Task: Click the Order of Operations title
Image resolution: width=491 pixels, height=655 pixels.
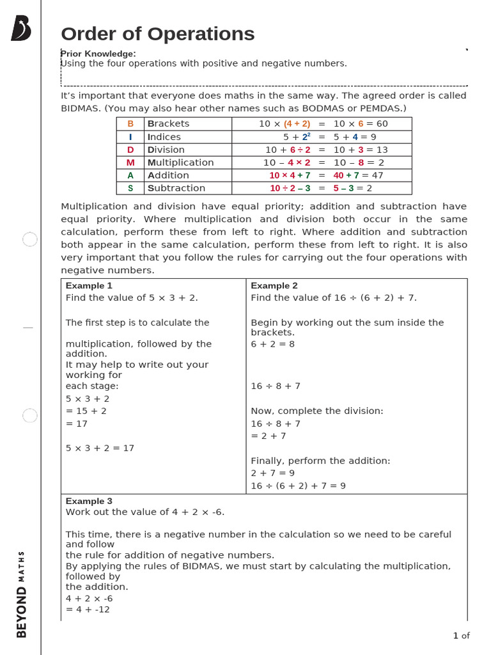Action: click(x=157, y=34)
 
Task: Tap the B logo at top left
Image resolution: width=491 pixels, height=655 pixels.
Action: click(x=20, y=29)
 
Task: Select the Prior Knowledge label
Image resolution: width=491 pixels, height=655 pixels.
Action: click(x=98, y=54)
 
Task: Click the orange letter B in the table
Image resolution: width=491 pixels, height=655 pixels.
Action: click(x=130, y=124)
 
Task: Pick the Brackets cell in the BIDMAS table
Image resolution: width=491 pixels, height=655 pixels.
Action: click(x=168, y=123)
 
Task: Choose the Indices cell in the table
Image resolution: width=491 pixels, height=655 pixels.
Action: click(x=164, y=137)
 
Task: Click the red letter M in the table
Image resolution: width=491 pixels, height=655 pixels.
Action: click(x=130, y=162)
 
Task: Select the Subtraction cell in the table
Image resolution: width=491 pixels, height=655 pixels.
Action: click(x=176, y=188)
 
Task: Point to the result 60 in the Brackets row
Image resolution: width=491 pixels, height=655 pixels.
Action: click(x=382, y=123)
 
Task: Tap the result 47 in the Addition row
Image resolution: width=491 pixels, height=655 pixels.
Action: click(x=377, y=175)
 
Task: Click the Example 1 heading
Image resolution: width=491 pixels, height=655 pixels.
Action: click(x=89, y=286)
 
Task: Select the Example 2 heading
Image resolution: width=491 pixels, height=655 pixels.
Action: click(x=274, y=286)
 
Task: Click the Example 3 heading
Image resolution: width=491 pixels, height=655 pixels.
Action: click(x=89, y=501)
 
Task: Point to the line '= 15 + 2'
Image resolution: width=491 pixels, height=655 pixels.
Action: click(x=86, y=411)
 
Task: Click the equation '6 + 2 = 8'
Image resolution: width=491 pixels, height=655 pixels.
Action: click(x=273, y=344)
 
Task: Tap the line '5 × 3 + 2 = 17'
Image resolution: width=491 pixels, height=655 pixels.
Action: click(x=100, y=448)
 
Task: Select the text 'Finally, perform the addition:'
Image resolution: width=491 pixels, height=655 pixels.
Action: click(x=320, y=461)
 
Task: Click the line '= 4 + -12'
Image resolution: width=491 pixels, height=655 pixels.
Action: click(x=88, y=610)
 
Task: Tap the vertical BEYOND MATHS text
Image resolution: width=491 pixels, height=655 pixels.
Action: click(x=21, y=594)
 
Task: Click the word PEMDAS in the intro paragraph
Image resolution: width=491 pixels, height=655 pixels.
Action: click(x=380, y=108)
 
